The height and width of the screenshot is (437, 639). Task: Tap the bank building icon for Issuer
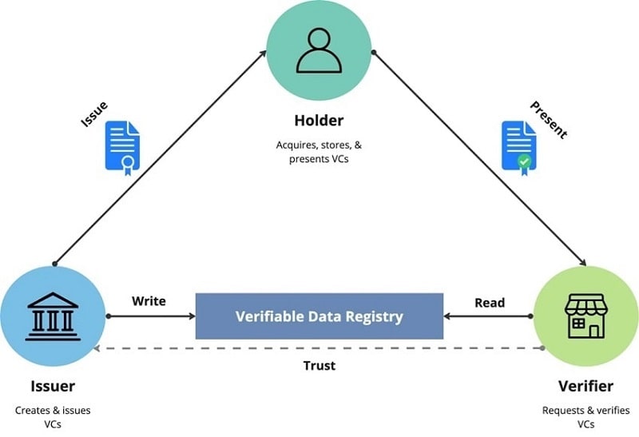pos(53,316)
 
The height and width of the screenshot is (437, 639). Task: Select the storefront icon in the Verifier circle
pos(585,316)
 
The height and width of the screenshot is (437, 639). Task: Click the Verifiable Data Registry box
pos(319,316)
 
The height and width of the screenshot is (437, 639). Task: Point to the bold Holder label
pos(319,121)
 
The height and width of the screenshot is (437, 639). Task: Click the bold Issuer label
pos(53,387)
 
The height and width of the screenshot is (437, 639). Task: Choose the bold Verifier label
pos(585,387)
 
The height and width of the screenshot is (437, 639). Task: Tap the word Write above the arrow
pos(149,301)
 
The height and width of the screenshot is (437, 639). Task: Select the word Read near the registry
pos(490,302)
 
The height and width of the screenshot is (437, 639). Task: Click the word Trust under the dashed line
pos(319,365)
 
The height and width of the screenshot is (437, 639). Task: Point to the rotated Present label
pos(548,120)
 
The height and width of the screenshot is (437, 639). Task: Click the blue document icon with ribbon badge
pos(122,145)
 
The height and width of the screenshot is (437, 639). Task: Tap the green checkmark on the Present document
pos(524,161)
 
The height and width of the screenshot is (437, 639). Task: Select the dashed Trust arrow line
pos(319,348)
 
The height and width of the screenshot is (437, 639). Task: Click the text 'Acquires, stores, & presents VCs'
pos(319,153)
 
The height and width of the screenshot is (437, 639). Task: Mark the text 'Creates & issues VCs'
pos(53,417)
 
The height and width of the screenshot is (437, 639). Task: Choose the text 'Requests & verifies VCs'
pos(585,417)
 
